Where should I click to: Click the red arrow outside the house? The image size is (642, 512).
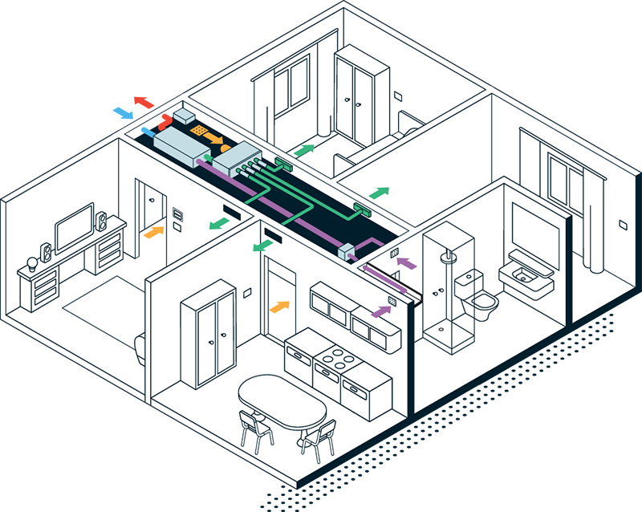pos(144,102)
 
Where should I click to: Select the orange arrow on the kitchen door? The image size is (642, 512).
pos(278,307)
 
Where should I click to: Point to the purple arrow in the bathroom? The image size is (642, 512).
pos(408,262)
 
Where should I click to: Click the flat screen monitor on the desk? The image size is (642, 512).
pos(75,227)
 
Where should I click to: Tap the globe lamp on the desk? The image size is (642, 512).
pos(33,262)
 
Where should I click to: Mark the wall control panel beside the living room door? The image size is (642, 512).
pos(178,213)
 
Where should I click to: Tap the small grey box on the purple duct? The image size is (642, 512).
pos(348,252)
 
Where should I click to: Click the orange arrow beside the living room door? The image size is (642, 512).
pos(151,232)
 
